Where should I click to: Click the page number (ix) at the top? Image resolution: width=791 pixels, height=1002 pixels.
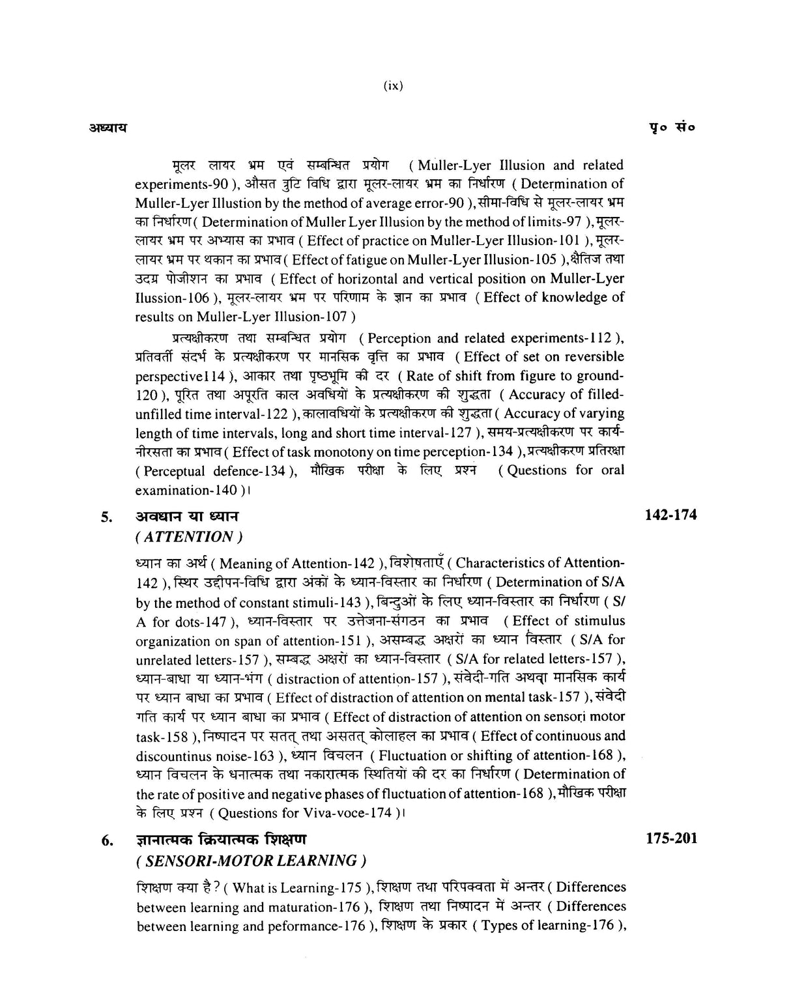click(394, 85)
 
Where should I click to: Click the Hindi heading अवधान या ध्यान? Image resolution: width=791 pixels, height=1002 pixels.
click(186, 517)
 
